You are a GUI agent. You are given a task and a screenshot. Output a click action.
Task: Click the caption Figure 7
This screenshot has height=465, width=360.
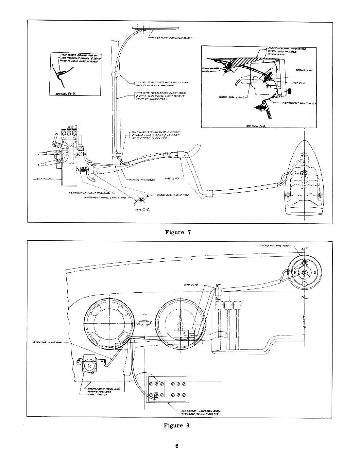click(178, 232)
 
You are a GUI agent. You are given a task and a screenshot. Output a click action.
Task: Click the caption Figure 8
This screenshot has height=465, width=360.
click(177, 425)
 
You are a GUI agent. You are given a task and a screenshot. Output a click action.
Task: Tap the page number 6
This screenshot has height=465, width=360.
click(177, 446)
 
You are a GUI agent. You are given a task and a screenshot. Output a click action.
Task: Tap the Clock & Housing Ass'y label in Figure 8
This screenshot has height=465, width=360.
click(272, 245)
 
